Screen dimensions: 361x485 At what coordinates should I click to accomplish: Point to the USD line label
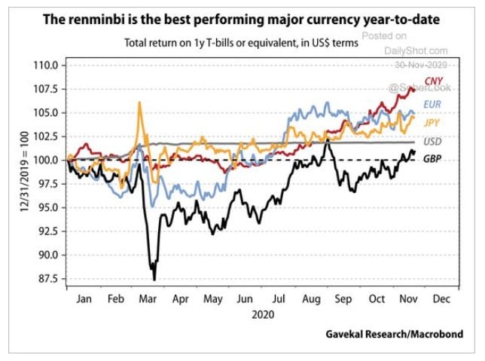click(433, 141)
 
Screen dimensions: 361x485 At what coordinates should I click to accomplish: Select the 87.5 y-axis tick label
click(47, 279)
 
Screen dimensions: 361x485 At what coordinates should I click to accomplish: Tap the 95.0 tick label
click(47, 207)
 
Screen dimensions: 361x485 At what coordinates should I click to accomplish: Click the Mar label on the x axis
click(148, 299)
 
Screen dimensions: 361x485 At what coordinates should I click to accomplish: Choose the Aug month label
click(311, 299)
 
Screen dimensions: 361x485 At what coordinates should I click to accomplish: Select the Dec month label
click(441, 299)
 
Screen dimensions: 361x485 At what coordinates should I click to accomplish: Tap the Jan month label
click(84, 299)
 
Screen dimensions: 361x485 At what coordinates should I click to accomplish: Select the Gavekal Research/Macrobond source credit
click(394, 333)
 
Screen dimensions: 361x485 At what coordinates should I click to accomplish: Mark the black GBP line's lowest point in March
click(154, 280)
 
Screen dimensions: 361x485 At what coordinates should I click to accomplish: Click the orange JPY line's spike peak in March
click(139, 102)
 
